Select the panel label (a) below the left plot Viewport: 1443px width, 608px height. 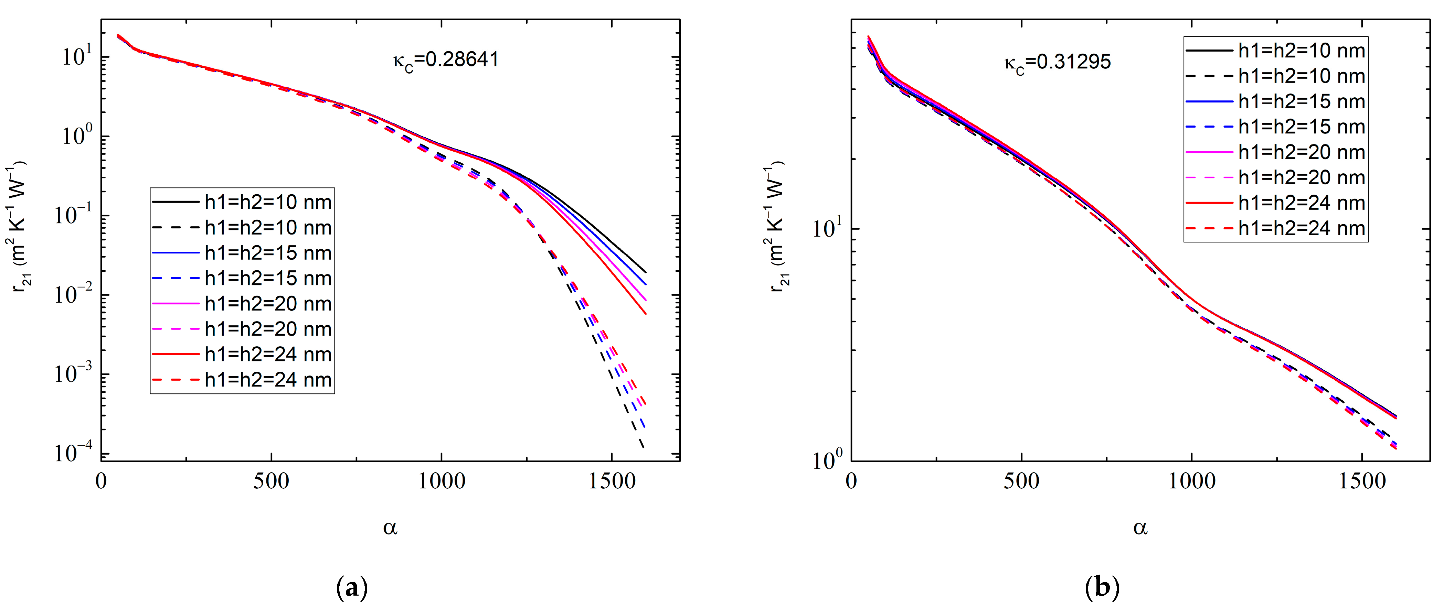(352, 588)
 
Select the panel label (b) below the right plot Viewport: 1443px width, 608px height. (1102, 588)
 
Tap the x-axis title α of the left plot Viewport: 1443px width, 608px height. (391, 528)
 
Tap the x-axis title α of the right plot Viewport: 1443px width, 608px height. (1140, 528)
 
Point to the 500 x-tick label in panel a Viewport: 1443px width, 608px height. (271, 481)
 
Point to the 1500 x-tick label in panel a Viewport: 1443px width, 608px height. (611, 481)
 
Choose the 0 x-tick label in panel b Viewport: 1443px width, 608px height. (851, 481)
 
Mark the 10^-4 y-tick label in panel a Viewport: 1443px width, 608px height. (73, 452)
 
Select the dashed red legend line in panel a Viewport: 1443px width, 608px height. (175, 380)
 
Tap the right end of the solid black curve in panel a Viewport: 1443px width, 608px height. (645, 272)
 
